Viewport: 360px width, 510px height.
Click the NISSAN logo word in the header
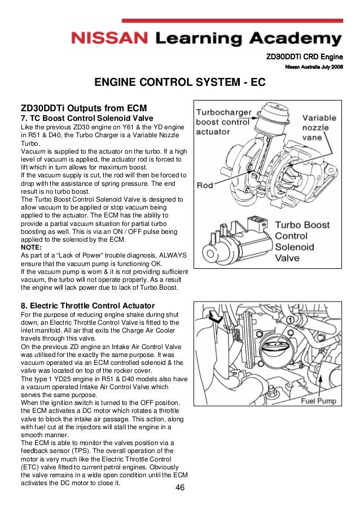tap(108, 39)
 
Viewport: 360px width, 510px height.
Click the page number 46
tap(181, 488)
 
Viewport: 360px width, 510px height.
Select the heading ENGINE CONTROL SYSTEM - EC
tap(179, 82)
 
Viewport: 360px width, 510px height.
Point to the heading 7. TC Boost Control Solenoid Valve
tap(87, 118)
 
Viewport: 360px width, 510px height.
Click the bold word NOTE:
tap(31, 247)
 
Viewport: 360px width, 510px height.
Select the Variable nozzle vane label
tap(319, 128)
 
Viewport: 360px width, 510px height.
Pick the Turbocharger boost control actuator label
tap(223, 122)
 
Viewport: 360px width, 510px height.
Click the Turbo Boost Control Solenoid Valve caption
tap(302, 241)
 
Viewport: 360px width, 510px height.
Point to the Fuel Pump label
tap(318, 401)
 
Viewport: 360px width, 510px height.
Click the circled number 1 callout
tap(290, 320)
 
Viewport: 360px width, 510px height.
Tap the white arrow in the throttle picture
tap(215, 315)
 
